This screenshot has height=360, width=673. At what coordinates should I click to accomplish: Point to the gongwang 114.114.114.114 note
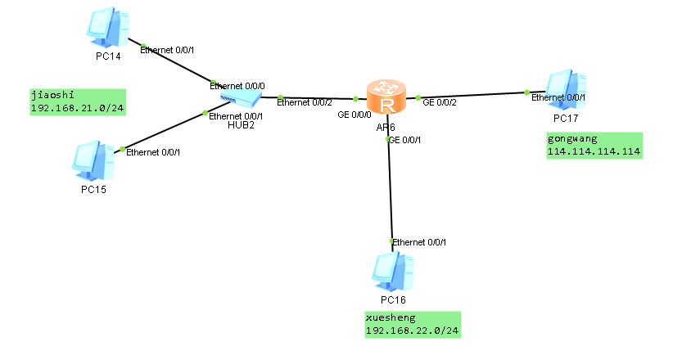(594, 145)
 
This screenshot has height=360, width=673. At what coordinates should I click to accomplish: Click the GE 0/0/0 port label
(355, 115)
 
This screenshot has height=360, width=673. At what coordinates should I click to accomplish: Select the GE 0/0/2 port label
(440, 102)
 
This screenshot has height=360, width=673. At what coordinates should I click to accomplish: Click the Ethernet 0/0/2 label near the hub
(305, 102)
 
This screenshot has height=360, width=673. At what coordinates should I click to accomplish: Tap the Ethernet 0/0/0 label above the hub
(237, 85)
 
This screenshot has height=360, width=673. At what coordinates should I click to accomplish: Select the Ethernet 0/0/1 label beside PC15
(153, 152)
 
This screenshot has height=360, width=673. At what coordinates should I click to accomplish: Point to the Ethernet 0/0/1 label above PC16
(419, 241)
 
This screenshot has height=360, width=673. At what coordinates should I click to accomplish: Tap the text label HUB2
(237, 125)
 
